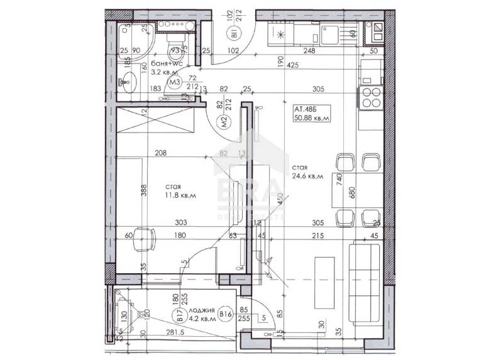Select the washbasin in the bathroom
(x=128, y=81)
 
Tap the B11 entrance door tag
(x=231, y=33)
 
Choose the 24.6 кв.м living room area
(x=307, y=177)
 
